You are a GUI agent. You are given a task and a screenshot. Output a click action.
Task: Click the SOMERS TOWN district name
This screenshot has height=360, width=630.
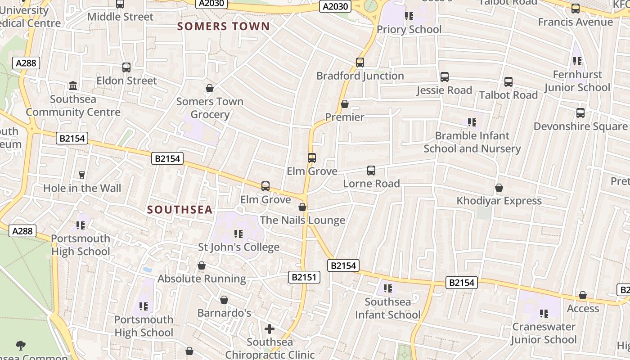pyautogui.click(x=223, y=26)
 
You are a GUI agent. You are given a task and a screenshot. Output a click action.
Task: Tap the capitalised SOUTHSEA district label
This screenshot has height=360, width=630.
pyautogui.click(x=180, y=210)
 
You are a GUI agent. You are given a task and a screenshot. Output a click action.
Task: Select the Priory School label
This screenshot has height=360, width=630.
pyautogui.click(x=409, y=30)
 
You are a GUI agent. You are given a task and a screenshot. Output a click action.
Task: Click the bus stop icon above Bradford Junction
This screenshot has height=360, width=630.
pyautogui.click(x=360, y=63)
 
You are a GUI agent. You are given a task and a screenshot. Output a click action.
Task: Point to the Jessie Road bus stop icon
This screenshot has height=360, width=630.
pyautogui.click(x=444, y=77)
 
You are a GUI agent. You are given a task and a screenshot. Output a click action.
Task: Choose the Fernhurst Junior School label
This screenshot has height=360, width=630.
pyautogui.click(x=577, y=81)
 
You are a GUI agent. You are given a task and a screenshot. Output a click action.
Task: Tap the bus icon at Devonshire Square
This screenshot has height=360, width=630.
pyautogui.click(x=580, y=113)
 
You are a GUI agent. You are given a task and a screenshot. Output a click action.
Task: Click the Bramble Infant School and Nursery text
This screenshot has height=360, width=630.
pyautogui.click(x=472, y=142)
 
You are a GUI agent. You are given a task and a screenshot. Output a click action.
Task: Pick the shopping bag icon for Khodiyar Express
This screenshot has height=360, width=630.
pyautogui.click(x=499, y=188)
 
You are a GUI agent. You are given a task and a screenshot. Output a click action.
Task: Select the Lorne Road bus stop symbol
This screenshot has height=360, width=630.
pyautogui.click(x=371, y=171)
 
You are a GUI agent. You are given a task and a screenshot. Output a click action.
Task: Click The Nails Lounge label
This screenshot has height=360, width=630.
pyautogui.click(x=302, y=220)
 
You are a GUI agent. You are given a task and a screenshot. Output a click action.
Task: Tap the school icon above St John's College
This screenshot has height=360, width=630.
pyautogui.click(x=238, y=234)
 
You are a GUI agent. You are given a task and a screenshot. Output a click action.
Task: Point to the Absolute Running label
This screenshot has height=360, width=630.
pyautogui.click(x=202, y=279)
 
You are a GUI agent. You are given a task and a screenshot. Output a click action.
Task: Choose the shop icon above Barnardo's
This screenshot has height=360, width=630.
pyautogui.click(x=224, y=300)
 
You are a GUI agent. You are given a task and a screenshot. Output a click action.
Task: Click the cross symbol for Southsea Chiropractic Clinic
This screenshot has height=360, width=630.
pyautogui.click(x=269, y=329)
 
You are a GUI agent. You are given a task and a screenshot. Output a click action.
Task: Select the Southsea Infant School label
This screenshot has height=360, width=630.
pyautogui.click(x=387, y=308)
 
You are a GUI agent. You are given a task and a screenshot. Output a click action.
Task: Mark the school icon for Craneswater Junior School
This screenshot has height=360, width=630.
pyautogui.click(x=544, y=313)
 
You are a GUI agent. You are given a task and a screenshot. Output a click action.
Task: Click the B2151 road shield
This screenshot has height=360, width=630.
pyautogui.click(x=304, y=277)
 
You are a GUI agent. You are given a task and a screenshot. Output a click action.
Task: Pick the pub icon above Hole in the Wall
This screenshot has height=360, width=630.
pyautogui.click(x=82, y=175)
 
